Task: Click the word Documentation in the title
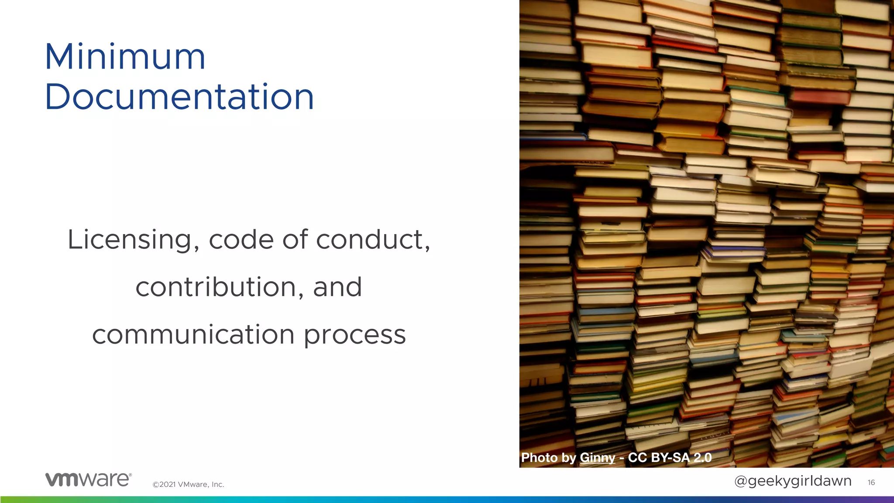tap(179, 96)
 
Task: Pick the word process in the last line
tap(354, 335)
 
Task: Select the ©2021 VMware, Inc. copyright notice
tap(188, 484)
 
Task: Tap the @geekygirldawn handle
tap(793, 481)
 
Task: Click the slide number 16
tap(871, 482)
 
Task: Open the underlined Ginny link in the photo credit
tap(597, 458)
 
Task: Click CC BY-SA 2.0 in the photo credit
tap(670, 458)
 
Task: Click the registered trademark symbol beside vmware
tap(130, 475)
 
